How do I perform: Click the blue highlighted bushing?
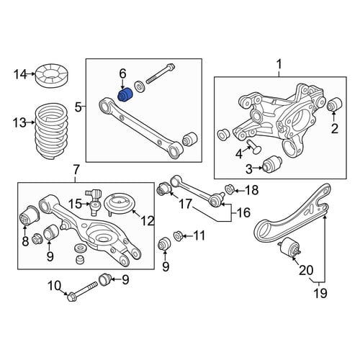click(x=126, y=95)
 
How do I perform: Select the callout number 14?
click(x=21, y=74)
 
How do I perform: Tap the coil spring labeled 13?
click(x=51, y=131)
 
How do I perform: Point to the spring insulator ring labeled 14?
click(x=51, y=75)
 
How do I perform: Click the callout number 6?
click(x=122, y=74)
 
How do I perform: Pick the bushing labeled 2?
click(x=335, y=104)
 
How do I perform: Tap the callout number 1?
click(x=279, y=64)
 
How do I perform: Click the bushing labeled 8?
click(x=27, y=216)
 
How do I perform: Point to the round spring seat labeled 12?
click(x=120, y=204)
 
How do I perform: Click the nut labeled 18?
click(x=230, y=189)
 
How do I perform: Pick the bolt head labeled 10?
click(x=71, y=297)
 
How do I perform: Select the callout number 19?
click(x=320, y=293)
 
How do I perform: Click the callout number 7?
click(x=76, y=170)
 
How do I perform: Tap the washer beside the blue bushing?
click(x=139, y=86)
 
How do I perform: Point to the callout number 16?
click(x=243, y=212)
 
